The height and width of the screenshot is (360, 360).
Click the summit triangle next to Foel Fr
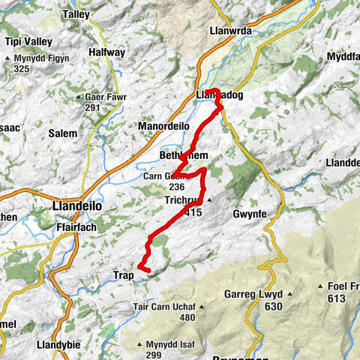321,286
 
